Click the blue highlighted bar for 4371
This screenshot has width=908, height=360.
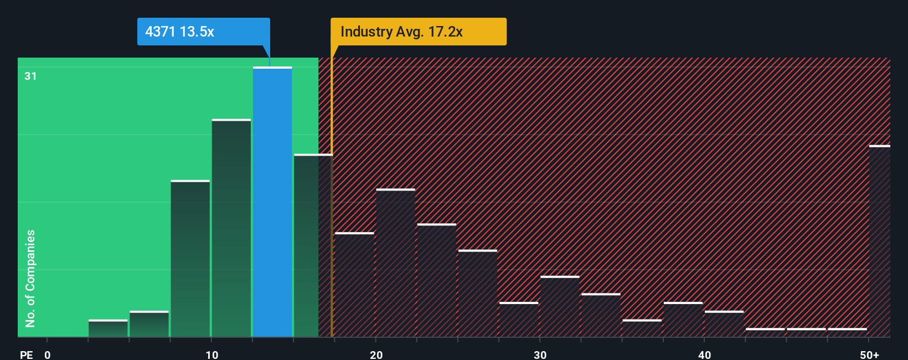click(272, 202)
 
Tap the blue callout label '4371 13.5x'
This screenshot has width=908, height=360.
click(203, 32)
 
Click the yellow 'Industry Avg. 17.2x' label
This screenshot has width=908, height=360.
click(418, 32)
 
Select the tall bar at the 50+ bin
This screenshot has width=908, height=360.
click(879, 241)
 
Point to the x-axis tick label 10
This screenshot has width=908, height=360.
click(212, 354)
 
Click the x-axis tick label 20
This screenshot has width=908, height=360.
click(376, 354)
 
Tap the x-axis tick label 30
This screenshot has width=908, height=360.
click(540, 354)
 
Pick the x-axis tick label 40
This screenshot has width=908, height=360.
click(704, 354)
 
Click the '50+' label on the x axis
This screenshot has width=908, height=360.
click(869, 354)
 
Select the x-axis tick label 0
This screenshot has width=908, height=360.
click(48, 354)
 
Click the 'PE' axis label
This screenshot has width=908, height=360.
click(27, 354)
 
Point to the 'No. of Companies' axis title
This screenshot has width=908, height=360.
click(30, 278)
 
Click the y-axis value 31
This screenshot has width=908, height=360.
click(30, 76)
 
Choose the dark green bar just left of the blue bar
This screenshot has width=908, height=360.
click(231, 228)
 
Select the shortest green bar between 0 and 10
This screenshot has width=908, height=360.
click(108, 328)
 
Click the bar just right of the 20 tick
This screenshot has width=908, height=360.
click(395, 263)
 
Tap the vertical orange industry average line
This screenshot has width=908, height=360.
click(332, 222)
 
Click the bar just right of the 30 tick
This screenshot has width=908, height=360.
click(560, 306)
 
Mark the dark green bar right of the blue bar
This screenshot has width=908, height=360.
click(306, 245)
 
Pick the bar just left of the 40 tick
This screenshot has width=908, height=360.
click(683, 320)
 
